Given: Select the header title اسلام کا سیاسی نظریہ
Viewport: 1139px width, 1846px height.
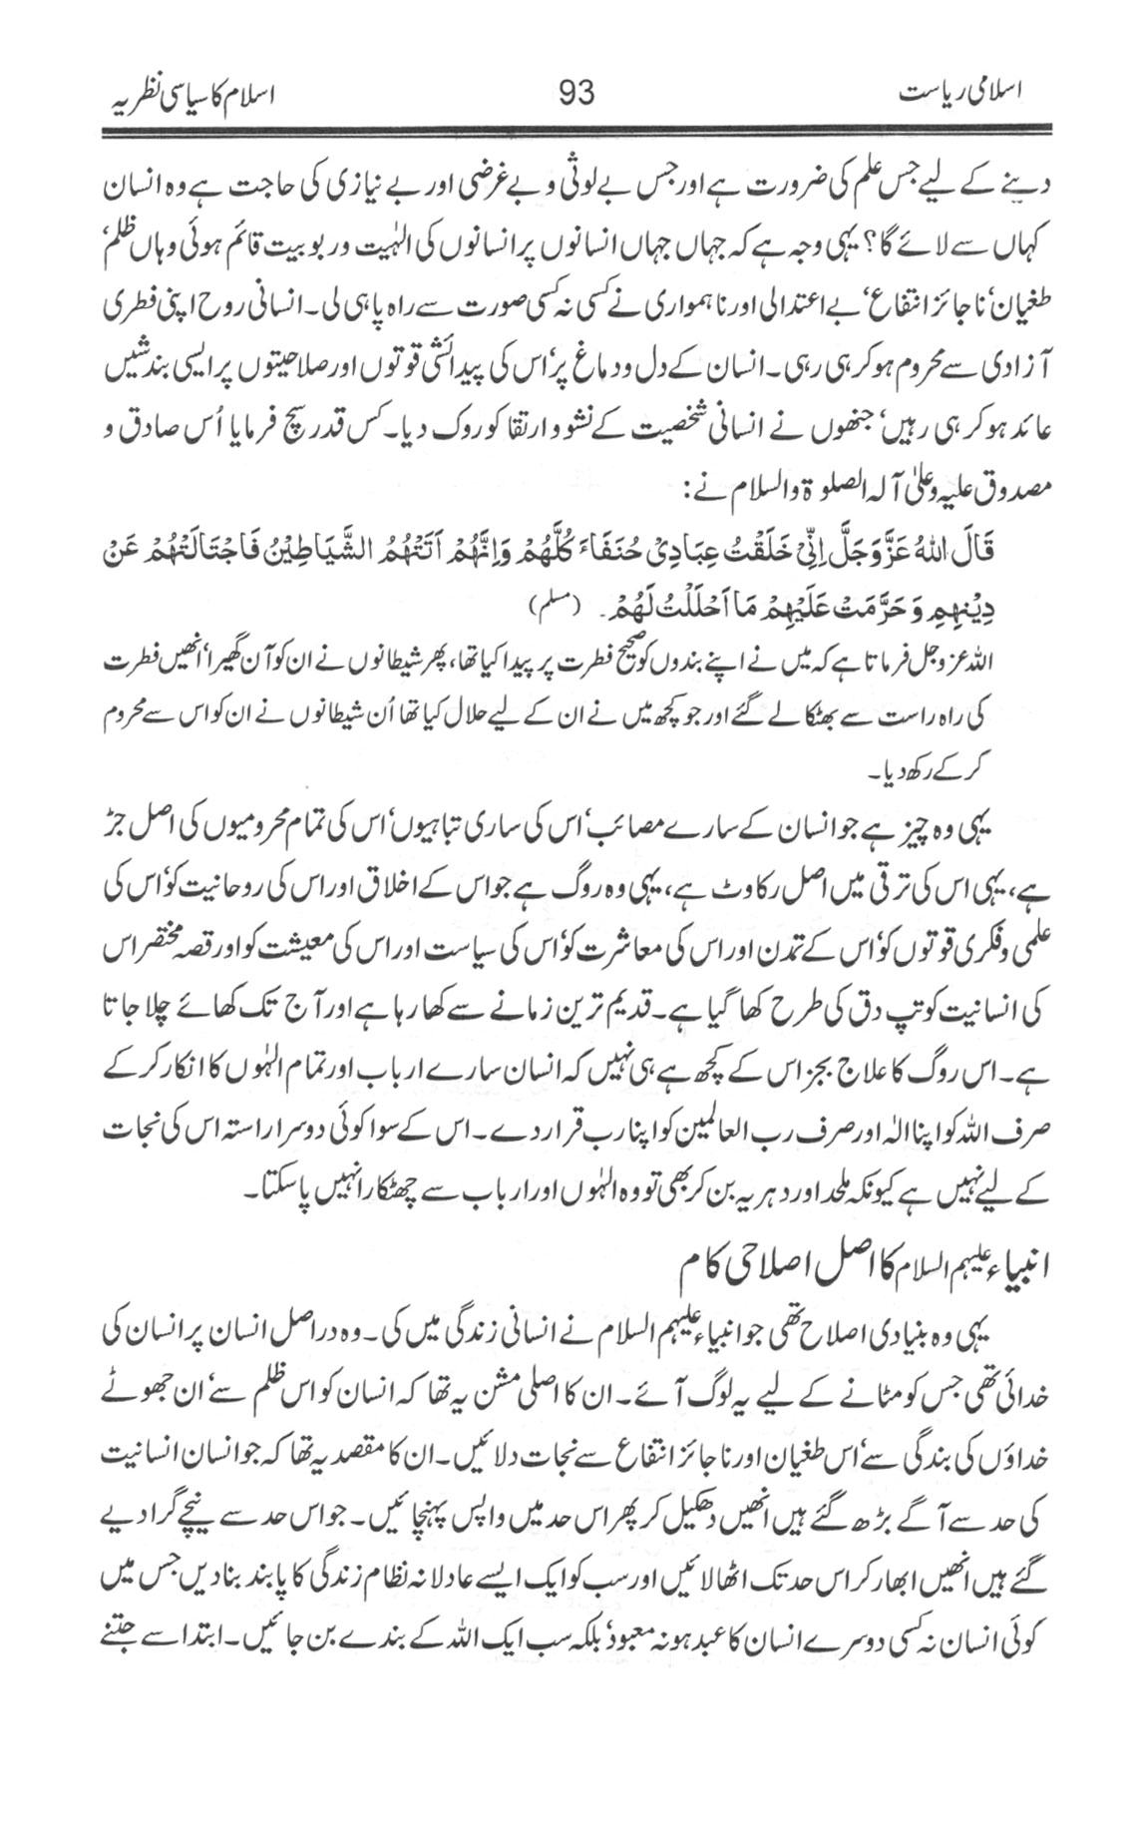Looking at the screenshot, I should [190, 96].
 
